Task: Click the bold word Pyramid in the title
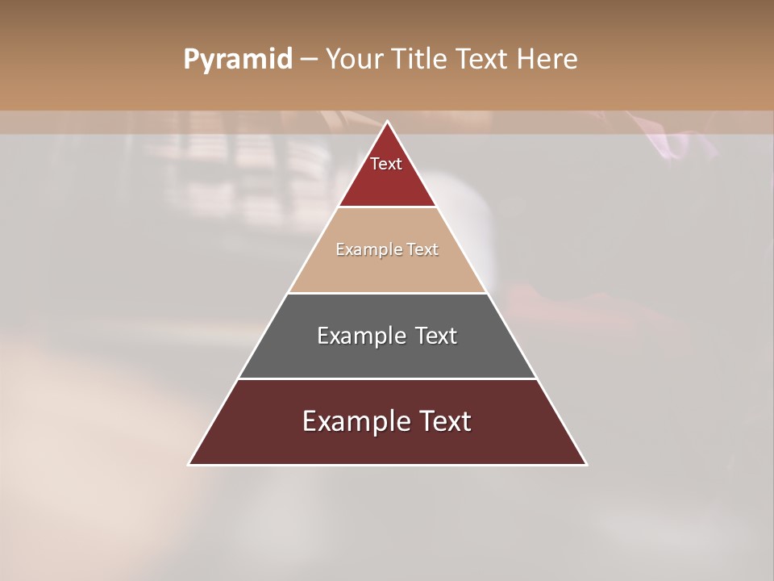tap(237, 60)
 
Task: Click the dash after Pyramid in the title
tap(309, 60)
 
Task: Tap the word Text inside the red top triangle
tap(386, 164)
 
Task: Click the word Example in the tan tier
tap(366, 250)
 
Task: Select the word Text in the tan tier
tap(422, 250)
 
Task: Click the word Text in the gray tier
tap(436, 336)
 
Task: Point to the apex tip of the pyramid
tap(387, 122)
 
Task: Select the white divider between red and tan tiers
tap(387, 207)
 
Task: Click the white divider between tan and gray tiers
tap(387, 293)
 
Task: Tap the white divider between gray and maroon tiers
tap(387, 378)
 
